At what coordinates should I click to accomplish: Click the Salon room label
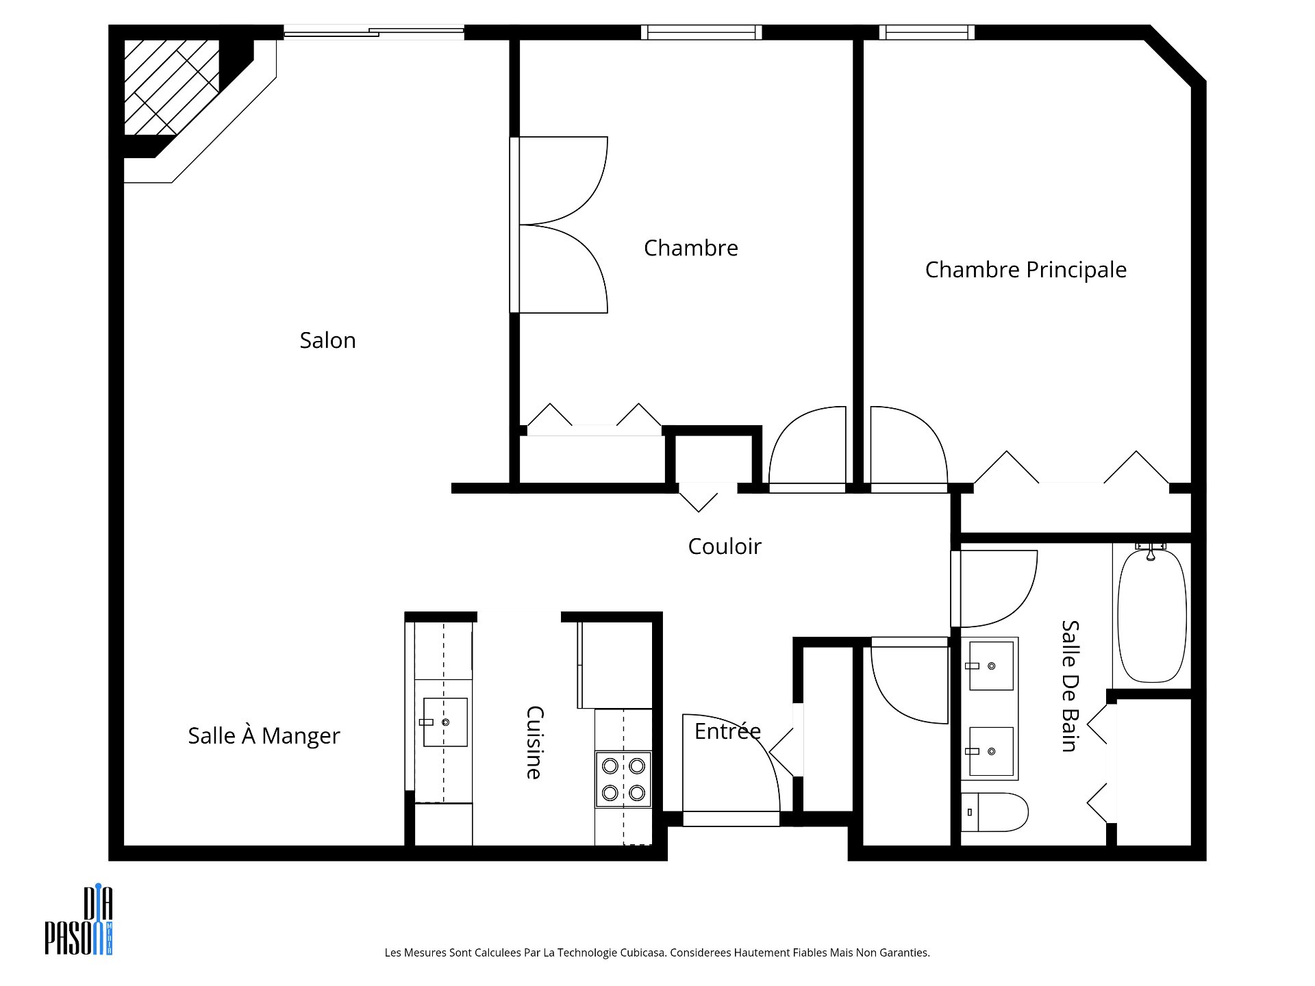327,340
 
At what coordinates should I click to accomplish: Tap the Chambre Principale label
1025,270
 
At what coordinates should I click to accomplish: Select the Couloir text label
725,546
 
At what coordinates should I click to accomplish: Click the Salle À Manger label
264,735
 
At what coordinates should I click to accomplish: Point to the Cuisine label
534,743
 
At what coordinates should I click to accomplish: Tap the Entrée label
727,731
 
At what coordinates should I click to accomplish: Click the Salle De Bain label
1070,686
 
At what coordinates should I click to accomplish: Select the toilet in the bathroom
994,812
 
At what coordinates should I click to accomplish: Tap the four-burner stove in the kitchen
623,779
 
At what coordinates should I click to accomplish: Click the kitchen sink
444,722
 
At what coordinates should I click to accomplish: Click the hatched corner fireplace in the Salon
171,87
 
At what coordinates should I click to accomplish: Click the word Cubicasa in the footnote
643,952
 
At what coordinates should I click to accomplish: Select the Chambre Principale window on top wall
927,32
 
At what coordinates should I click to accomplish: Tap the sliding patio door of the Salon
374,32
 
